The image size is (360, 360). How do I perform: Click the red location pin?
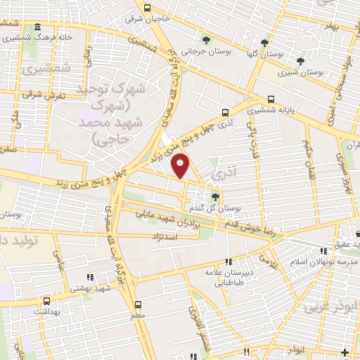[x=182, y=166]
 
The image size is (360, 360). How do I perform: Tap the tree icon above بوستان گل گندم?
[x=215, y=196]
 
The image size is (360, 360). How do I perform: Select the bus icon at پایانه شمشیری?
[x=271, y=99]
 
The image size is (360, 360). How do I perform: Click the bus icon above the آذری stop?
[x=225, y=111]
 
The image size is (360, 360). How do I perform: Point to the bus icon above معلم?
[x=138, y=304]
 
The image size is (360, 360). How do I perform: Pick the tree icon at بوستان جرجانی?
[x=205, y=39]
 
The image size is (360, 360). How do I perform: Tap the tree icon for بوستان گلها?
[x=264, y=41]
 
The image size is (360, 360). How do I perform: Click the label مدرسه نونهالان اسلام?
[x=324, y=262]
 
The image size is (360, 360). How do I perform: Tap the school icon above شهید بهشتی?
[x=89, y=276]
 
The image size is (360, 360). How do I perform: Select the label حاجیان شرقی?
[x=148, y=19]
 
